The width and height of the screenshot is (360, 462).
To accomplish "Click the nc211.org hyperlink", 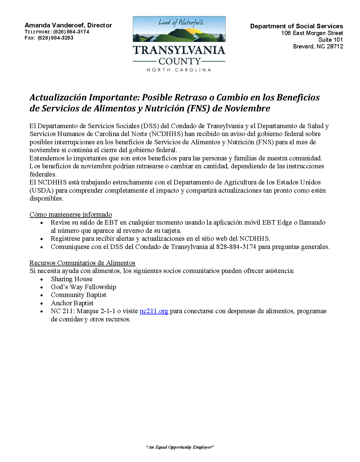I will coord(154,311).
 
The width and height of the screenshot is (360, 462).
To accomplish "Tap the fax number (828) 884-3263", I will coord(55,38).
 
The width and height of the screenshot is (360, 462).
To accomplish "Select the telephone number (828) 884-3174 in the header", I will coord(71,32).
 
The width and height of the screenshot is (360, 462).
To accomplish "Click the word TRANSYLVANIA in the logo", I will coord(179,50).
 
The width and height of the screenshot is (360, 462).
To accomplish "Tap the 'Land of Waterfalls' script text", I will coord(181,23).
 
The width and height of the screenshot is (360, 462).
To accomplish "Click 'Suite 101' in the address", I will coord(330,40).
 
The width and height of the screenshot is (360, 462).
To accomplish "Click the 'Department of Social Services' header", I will coord(296,26).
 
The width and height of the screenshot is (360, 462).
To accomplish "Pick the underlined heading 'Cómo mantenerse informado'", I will coord(71,215).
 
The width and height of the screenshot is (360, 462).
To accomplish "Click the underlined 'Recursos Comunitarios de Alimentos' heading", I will coord(82,263).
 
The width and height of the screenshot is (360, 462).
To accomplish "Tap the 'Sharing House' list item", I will coord(72,279).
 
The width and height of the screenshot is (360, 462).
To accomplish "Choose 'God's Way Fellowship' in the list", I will coord(83,287).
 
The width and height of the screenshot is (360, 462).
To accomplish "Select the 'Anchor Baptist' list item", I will coord(72,303).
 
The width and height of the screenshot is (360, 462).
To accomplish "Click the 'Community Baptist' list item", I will coord(79,295).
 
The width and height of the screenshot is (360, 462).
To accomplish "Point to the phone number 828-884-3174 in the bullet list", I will coord(236,247).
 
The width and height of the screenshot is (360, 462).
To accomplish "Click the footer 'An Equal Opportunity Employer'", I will coord(180,447).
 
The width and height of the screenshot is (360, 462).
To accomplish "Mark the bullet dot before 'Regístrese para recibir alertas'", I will coord(42,239).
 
